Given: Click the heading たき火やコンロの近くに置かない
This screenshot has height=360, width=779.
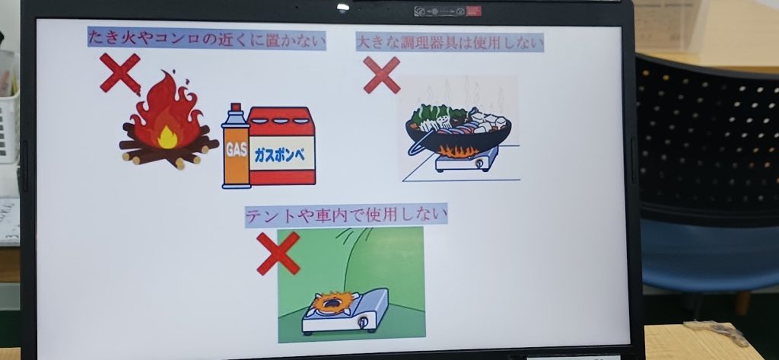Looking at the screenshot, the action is pyautogui.click(x=207, y=39).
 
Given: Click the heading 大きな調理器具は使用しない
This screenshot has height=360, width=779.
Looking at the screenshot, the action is pyautogui.click(x=450, y=43).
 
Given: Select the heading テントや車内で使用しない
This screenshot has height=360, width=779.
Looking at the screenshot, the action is pyautogui.click(x=346, y=215).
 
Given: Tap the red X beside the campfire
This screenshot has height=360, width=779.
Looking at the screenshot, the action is pyautogui.click(x=119, y=73).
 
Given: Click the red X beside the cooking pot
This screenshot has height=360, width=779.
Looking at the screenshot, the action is pyautogui.click(x=382, y=75).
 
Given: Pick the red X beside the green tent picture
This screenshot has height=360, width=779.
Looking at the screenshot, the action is pyautogui.click(x=278, y=253).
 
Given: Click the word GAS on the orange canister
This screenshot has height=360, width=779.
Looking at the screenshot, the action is pyautogui.click(x=236, y=151).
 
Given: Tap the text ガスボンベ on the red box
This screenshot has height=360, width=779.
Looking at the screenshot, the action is pyautogui.click(x=281, y=154).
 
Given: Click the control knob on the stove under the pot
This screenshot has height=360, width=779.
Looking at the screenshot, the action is pyautogui.click(x=479, y=163).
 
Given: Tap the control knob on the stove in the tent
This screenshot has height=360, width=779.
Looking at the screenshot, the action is pyautogui.click(x=363, y=322).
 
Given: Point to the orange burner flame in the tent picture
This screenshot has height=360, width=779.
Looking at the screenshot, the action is pyautogui.click(x=333, y=302).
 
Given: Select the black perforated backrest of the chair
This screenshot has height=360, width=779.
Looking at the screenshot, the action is pyautogui.click(x=707, y=139).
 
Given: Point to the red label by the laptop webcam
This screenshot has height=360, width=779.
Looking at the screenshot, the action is pyautogui.click(x=473, y=11).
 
